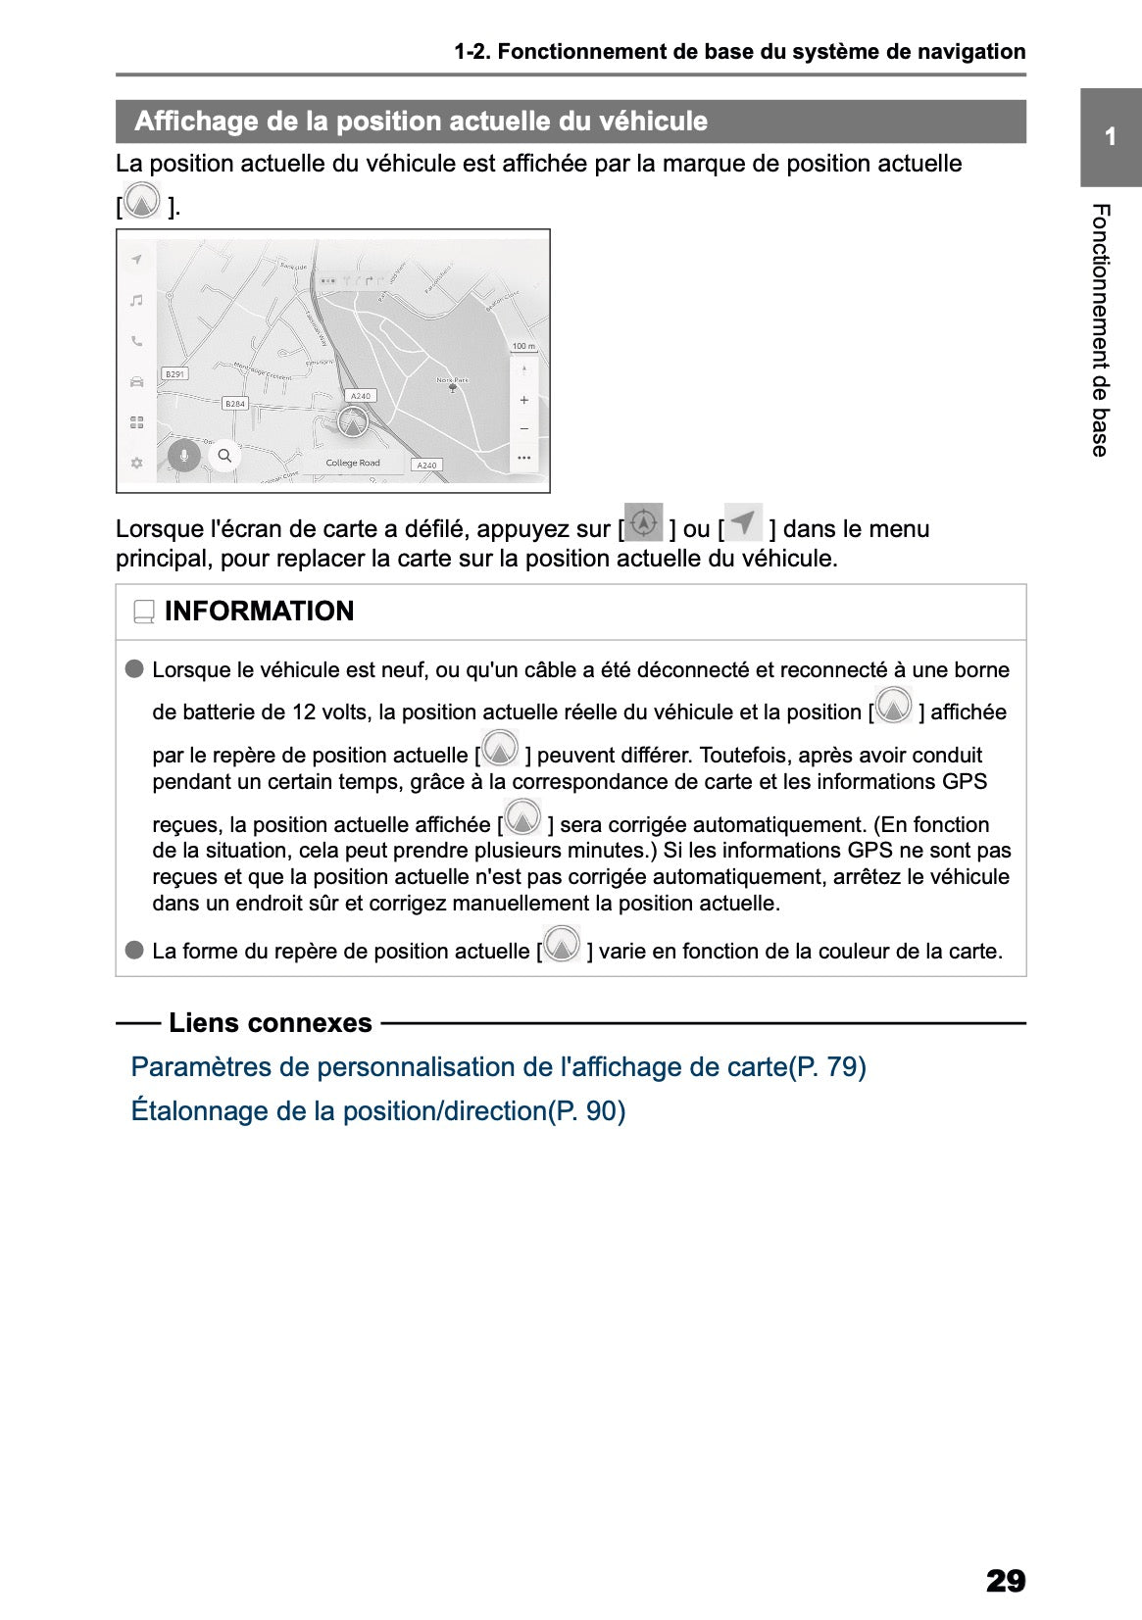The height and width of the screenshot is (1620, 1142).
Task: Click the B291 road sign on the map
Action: [x=174, y=374]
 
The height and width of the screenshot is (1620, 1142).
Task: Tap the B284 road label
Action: [x=235, y=404]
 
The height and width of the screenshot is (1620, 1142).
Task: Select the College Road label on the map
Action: [x=353, y=463]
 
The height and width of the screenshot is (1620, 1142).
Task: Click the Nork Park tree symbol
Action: [x=452, y=388]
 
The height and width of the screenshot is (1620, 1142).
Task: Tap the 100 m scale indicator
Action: [x=523, y=346]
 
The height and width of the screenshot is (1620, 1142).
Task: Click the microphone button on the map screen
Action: [x=183, y=456]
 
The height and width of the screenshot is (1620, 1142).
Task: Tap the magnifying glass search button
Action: [x=224, y=456]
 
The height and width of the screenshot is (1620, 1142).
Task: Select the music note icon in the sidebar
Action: [x=137, y=300]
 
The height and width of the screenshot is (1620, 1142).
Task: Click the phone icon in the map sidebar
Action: [x=137, y=341]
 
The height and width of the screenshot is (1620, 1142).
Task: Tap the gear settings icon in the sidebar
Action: [x=137, y=463]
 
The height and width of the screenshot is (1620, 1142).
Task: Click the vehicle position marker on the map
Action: [x=352, y=421]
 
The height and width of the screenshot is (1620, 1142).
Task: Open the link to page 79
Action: [x=498, y=1066]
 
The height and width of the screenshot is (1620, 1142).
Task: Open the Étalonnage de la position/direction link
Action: [x=377, y=1110]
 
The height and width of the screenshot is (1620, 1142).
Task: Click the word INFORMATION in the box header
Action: [x=259, y=611]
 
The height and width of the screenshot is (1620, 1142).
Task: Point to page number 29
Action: [x=1005, y=1581]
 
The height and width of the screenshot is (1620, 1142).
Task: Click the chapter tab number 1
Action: [x=1110, y=136]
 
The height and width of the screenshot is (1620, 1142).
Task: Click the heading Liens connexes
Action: [x=270, y=1023]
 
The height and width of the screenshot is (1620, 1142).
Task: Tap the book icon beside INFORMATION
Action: [x=144, y=613]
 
